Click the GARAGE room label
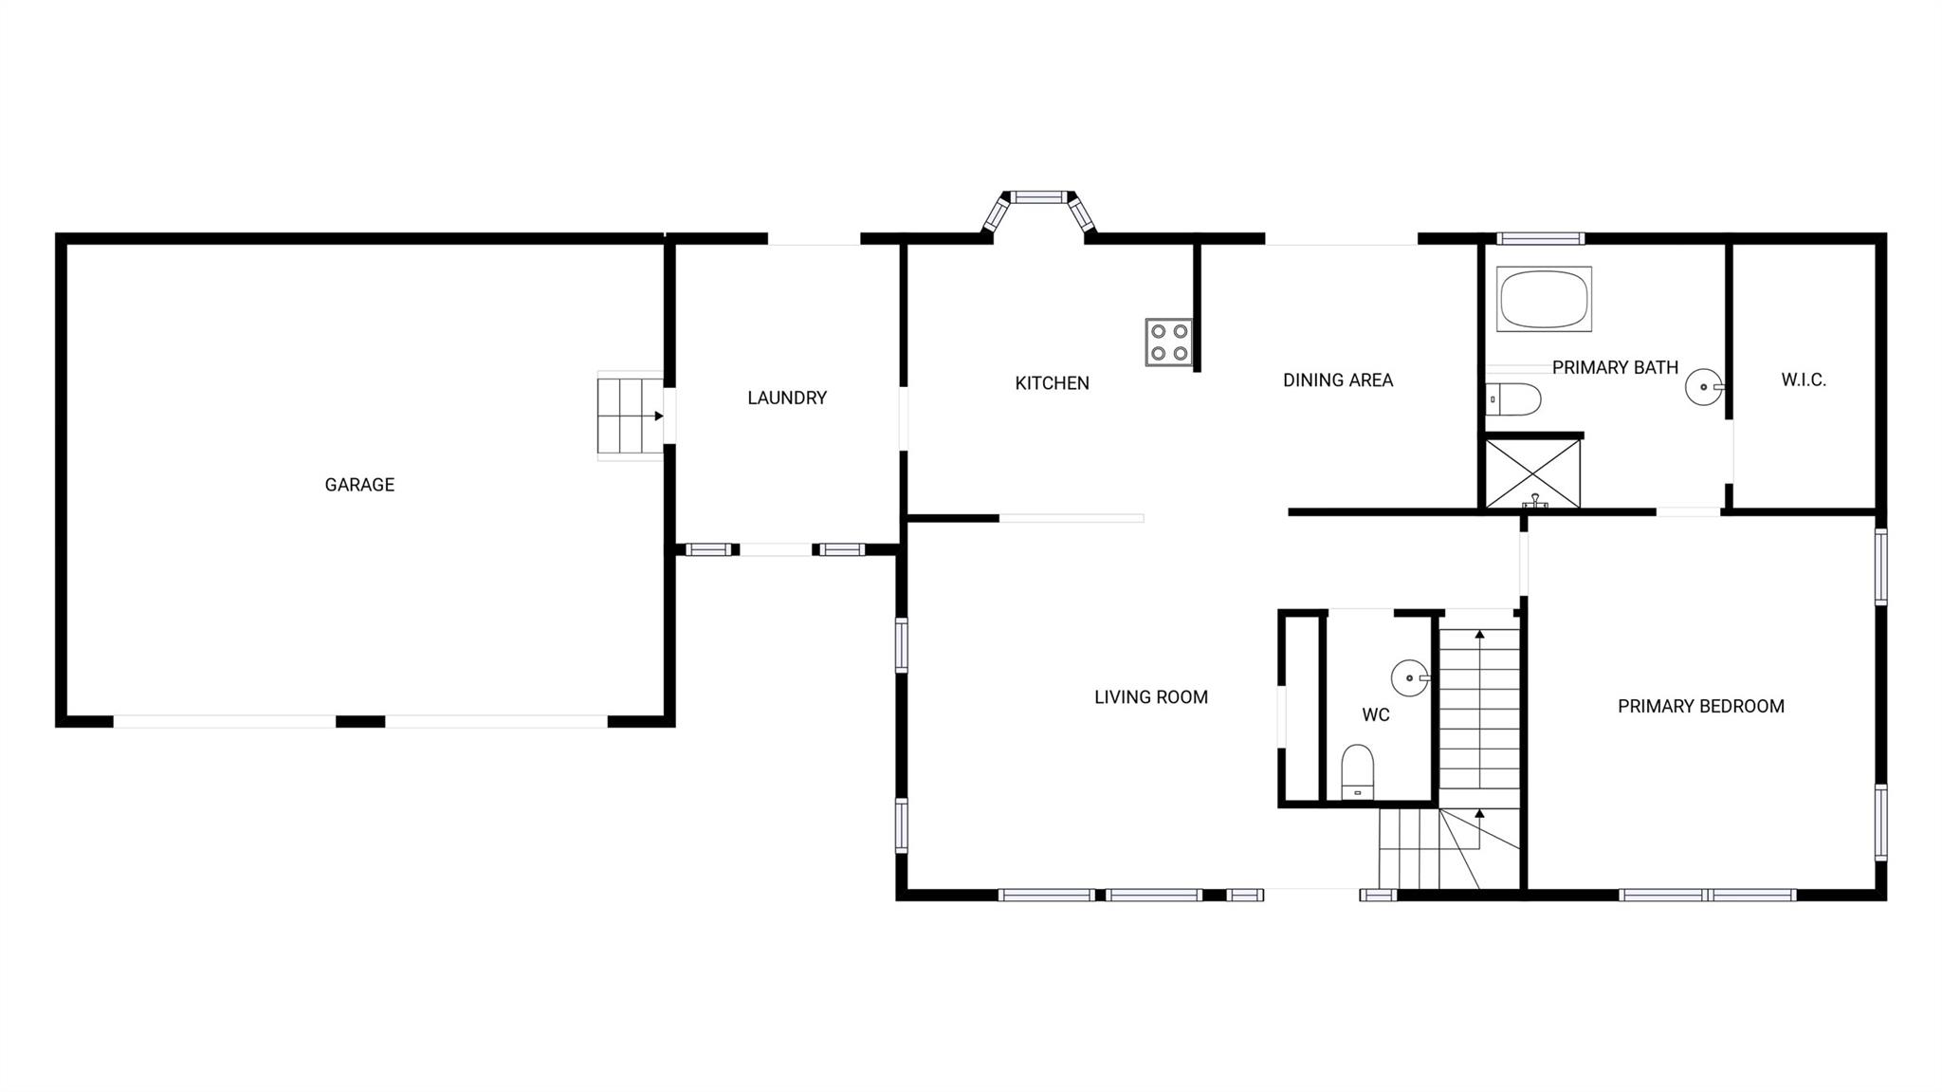[x=359, y=485]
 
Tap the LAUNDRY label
[x=787, y=398]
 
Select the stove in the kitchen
[x=1168, y=342]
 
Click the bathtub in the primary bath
[x=1544, y=299]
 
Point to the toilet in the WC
[x=1358, y=771]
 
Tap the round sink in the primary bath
[x=1704, y=387]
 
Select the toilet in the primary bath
[x=1513, y=399]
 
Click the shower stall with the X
[x=1532, y=473]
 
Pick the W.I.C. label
[x=1803, y=380]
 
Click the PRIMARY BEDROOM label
[x=1700, y=706]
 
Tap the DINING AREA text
[x=1337, y=380]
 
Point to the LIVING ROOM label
[x=1150, y=697]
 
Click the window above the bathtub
[x=1540, y=238]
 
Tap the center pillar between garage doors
[x=360, y=722]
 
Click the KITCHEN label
[x=1052, y=383]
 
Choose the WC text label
[x=1375, y=715]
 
